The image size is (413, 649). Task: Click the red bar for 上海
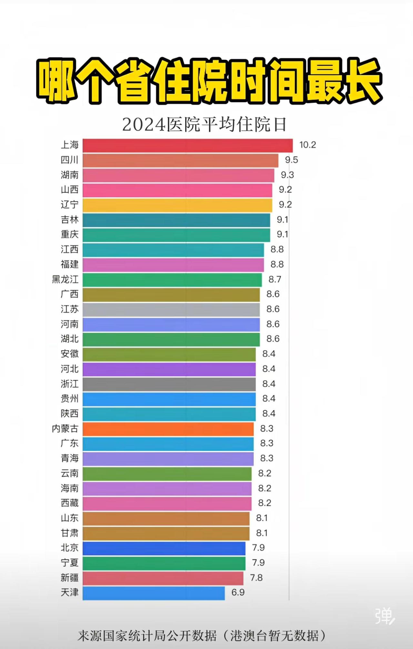tap(187, 146)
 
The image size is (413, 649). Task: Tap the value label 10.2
tap(307, 145)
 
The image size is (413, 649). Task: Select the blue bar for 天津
tap(154, 593)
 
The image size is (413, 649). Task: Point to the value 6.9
tap(238, 593)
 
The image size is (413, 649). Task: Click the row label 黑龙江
tap(65, 279)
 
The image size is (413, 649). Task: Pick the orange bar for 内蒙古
tap(168, 429)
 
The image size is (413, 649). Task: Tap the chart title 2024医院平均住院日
tap(204, 125)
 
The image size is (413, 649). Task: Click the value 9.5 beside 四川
tap(291, 160)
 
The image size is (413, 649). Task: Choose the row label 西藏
tap(70, 503)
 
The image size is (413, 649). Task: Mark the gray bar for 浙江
tap(169, 384)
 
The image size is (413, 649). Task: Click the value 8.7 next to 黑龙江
tap(275, 279)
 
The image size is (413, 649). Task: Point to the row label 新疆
tap(70, 578)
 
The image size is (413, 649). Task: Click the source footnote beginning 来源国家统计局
tap(202, 636)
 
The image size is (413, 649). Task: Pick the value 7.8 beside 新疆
tap(256, 578)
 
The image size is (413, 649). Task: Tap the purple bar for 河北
tap(169, 369)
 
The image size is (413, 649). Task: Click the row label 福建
tap(70, 264)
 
